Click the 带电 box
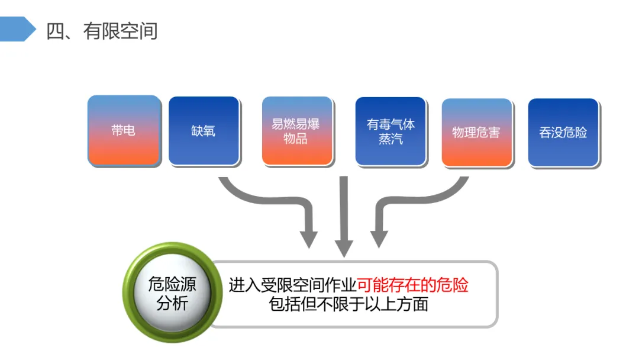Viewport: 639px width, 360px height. [x=124, y=130]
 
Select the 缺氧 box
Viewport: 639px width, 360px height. [x=204, y=130]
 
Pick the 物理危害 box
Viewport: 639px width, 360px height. [x=476, y=131]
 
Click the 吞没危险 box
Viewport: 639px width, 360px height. [x=563, y=131]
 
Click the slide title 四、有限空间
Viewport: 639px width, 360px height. [x=102, y=31]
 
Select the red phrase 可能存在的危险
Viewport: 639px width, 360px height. [x=412, y=285]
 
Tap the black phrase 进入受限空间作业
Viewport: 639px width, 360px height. [x=292, y=285]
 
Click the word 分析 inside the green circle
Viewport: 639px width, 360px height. [x=172, y=304]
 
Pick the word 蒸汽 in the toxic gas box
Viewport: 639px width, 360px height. [x=390, y=139]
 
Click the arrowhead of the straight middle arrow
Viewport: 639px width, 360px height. [x=344, y=249]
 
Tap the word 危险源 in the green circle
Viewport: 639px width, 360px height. [x=172, y=284]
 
